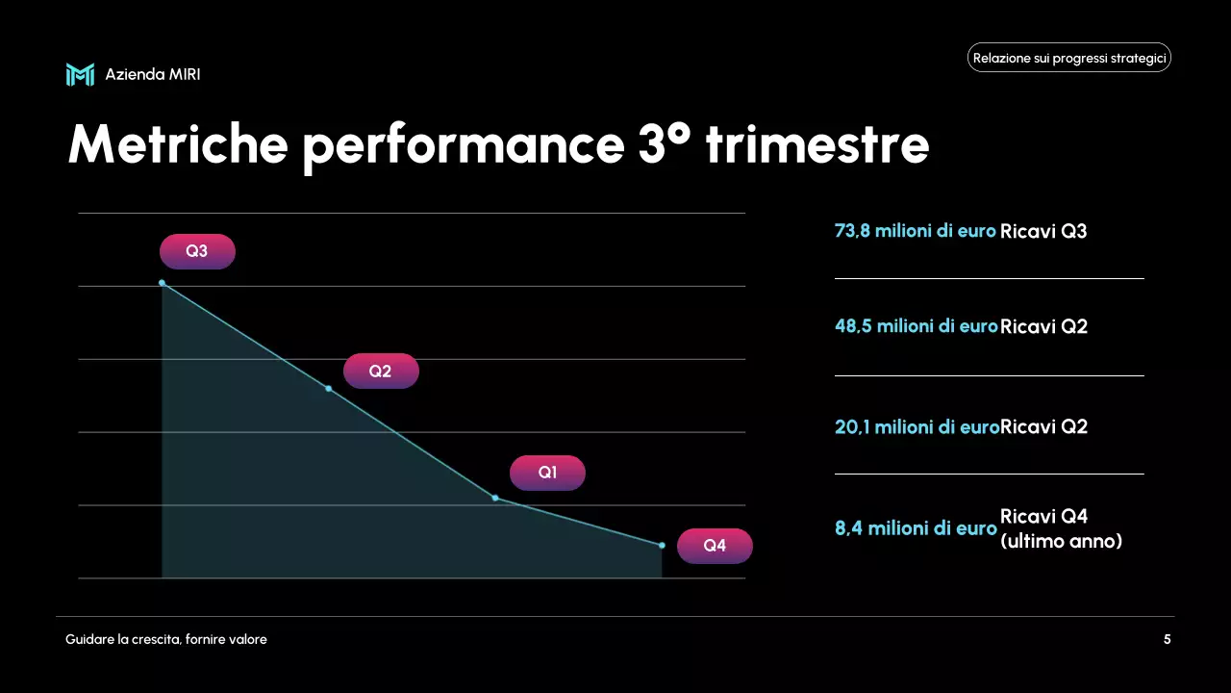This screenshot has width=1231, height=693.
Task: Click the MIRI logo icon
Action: pyautogui.click(x=80, y=74)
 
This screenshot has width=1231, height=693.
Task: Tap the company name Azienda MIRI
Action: pyautogui.click(x=153, y=74)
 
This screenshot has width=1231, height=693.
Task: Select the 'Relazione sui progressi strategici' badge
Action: pyautogui.click(x=1068, y=58)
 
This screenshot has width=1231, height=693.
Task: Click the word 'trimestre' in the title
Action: pyautogui.click(x=816, y=144)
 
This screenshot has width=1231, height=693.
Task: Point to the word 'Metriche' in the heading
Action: pyautogui.click(x=178, y=144)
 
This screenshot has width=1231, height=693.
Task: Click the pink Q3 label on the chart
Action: pyautogui.click(x=197, y=251)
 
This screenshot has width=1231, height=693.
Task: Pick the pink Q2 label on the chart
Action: pyautogui.click(x=381, y=371)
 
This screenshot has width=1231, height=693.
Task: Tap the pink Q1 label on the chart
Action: pyautogui.click(x=547, y=473)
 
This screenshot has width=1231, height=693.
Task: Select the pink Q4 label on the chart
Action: pyautogui.click(x=715, y=546)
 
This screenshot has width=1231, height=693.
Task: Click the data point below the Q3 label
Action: pyautogui.click(x=162, y=283)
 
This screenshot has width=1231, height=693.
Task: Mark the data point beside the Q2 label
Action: pyautogui.click(x=329, y=389)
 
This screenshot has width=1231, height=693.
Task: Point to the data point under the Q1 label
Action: pyautogui.click(x=495, y=498)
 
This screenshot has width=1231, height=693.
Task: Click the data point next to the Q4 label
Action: pyautogui.click(x=662, y=546)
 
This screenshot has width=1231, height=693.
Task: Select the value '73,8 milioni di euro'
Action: pyautogui.click(x=915, y=231)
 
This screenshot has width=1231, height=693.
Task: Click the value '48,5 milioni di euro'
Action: pyautogui.click(x=916, y=326)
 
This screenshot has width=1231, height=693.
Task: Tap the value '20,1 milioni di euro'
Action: pyautogui.click(x=917, y=426)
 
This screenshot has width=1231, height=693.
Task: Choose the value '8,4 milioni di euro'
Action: pyautogui.click(x=916, y=528)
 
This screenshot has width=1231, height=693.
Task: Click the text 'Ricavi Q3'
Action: pyautogui.click(x=1043, y=231)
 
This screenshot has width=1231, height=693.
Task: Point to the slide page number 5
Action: pyautogui.click(x=1167, y=639)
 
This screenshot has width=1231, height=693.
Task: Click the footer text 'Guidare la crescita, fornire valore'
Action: pyautogui.click(x=166, y=639)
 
